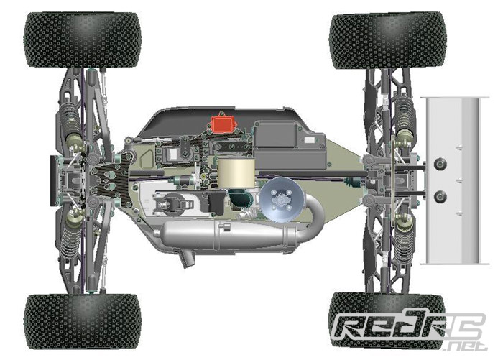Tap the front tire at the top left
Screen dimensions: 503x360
[x=83, y=40]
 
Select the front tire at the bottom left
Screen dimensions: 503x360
[x=82, y=321]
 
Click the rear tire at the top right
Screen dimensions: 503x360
[x=388, y=40]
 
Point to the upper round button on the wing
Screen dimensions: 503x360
[x=440, y=164]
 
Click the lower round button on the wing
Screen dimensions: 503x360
[x=440, y=197]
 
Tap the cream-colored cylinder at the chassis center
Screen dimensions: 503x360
[x=236, y=173]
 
